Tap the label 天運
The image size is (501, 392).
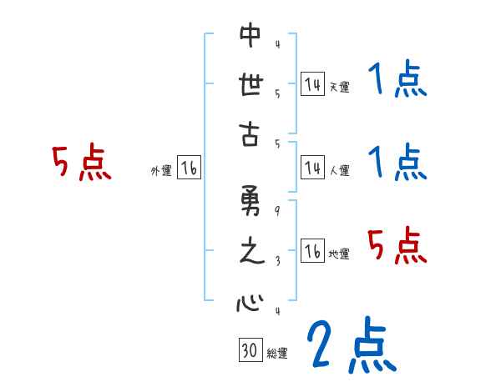tap(339, 87)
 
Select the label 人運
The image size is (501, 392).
tap(339, 170)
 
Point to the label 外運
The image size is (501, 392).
tap(160, 170)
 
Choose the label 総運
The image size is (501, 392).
tap(277, 354)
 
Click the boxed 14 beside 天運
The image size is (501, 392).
tap(312, 84)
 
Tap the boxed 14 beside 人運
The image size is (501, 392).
tap(312, 168)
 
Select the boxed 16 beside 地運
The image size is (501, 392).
tap(312, 252)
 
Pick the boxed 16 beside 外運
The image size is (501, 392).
tap(189, 168)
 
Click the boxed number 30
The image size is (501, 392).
tap(249, 350)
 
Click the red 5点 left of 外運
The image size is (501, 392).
tap(81, 163)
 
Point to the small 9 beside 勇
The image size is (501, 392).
tap(276, 210)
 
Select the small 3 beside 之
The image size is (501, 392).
tap(276, 260)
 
